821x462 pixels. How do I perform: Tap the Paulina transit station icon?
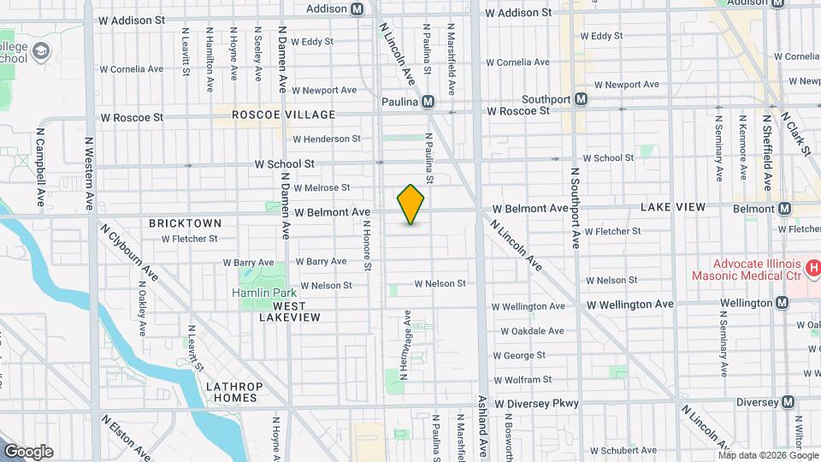click(428, 102)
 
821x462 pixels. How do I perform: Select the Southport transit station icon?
click(582, 99)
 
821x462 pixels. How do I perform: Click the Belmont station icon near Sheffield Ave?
click(785, 209)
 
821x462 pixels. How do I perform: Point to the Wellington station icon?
click(782, 303)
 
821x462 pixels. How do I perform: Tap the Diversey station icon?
click(788, 402)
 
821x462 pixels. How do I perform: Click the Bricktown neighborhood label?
click(185, 223)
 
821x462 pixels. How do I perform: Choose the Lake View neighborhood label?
click(673, 208)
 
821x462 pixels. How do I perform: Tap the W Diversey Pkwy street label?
click(536, 403)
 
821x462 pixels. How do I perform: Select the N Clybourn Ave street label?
click(129, 252)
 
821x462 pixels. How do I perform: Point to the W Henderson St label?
click(327, 139)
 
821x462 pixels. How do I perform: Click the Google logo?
click(28, 452)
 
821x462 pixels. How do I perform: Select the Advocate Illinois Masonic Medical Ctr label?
click(746, 269)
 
